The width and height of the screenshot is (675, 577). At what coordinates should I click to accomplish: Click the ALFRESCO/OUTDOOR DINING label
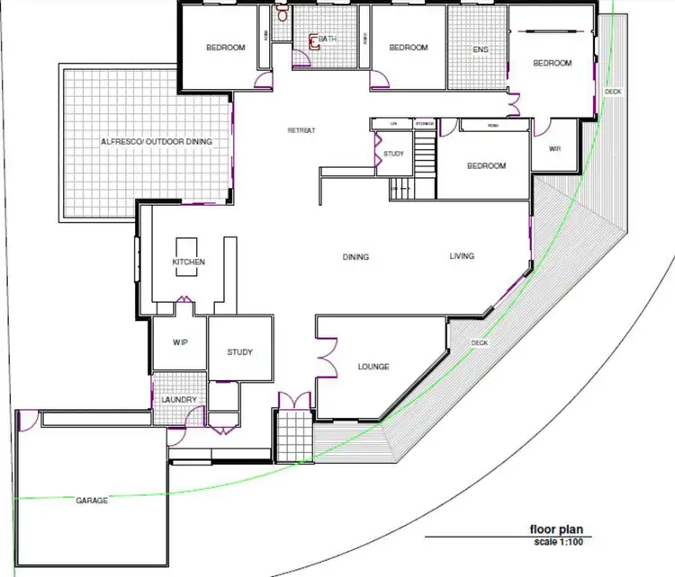coord(149,142)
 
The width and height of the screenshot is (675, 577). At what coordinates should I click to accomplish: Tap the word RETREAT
coord(301,131)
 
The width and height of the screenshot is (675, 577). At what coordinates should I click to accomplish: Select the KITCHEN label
coord(189,262)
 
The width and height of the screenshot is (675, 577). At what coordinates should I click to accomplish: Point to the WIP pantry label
coord(179,342)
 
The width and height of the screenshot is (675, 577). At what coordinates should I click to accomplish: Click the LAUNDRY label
coord(178,399)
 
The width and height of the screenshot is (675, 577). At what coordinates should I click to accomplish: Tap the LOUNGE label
coord(373,367)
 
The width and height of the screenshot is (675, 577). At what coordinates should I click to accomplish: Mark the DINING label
coord(355,257)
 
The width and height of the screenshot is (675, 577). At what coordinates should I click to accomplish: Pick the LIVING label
coord(462,257)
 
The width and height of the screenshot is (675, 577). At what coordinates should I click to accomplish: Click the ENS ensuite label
coord(481,49)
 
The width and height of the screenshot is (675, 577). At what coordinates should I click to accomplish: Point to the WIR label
coord(555,147)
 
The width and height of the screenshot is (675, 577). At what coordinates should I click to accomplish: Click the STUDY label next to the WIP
coord(240,352)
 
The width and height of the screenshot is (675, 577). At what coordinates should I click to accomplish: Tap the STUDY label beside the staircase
coord(393,154)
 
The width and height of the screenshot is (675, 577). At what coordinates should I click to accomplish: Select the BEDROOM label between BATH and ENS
coord(409,48)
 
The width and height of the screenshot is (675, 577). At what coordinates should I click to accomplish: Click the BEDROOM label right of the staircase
coord(486,166)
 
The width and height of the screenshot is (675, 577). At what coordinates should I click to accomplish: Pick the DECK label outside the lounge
coord(480,343)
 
